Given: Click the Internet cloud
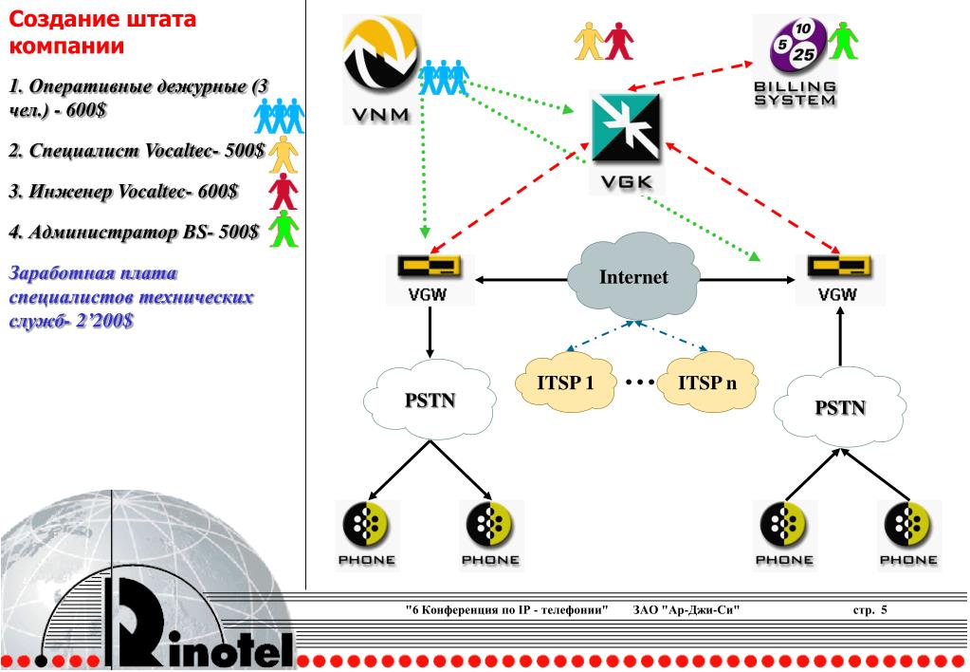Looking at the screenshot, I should coord(632,278).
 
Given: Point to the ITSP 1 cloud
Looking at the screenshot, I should coord(565,383).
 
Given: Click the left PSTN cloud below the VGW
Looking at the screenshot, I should coord(430,400).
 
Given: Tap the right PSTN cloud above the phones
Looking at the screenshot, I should coord(839,408).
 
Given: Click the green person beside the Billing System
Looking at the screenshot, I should coord(842,39).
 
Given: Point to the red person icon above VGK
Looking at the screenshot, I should coord(619,39).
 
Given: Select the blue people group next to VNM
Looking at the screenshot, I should coord(444,77).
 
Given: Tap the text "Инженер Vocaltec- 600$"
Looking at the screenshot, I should coord(124,193).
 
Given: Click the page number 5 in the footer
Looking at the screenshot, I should coord(884,609).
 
